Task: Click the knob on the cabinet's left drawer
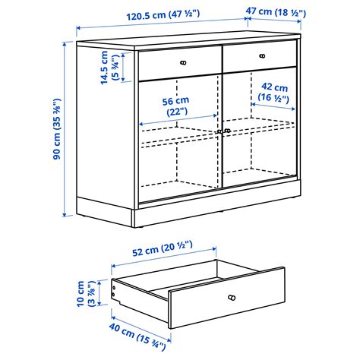pos(183,62)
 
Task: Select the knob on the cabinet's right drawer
pos(262,55)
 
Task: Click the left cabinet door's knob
pos(219,131)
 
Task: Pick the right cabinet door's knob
pos(227,131)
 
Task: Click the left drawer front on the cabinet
pos(181,62)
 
